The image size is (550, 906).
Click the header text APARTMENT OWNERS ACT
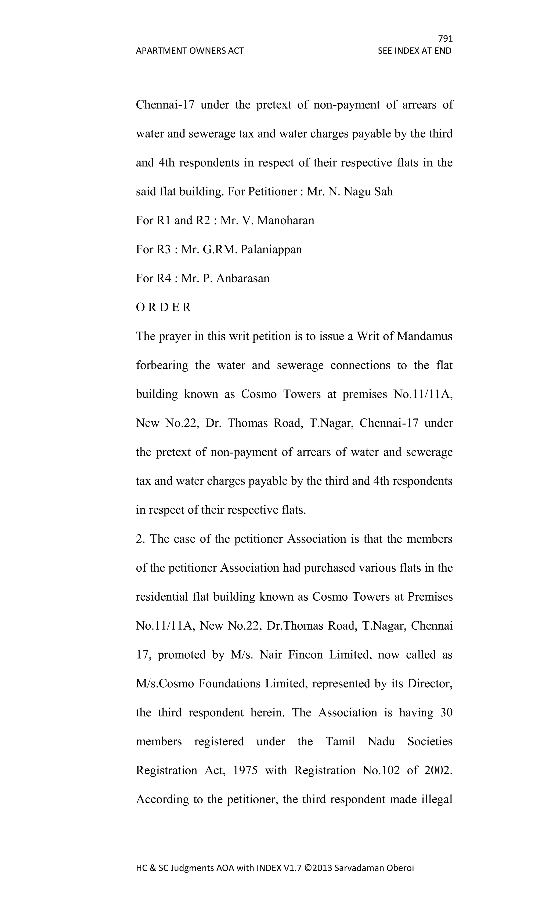190,51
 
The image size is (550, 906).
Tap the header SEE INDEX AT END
414,51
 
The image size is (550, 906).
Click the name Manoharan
286,221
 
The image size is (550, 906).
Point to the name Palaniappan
271,250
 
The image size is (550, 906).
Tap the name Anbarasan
243,278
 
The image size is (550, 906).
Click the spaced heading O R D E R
164,307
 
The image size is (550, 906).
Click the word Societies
430,741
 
